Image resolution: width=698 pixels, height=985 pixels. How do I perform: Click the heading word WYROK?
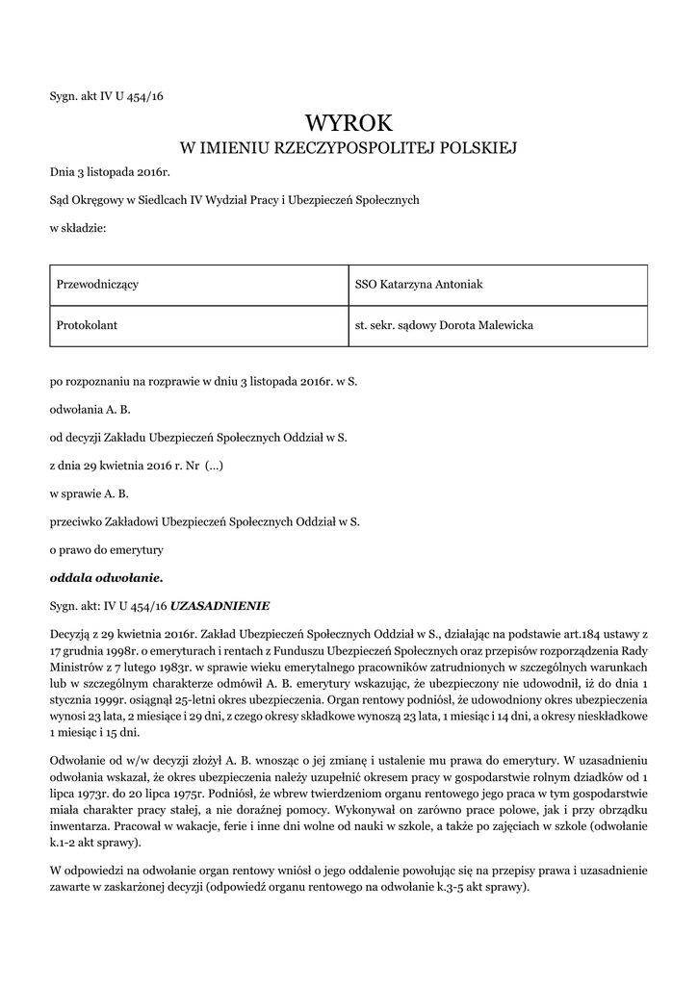[x=349, y=122]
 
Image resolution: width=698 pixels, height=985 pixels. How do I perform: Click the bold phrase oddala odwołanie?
[x=107, y=578]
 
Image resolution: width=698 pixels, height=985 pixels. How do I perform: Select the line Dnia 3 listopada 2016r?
[x=110, y=172]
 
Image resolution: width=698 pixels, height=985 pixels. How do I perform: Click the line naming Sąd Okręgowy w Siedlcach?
[x=235, y=200]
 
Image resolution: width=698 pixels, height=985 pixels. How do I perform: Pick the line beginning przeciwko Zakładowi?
[x=204, y=522]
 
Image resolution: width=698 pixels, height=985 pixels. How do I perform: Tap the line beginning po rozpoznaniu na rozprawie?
[x=203, y=381]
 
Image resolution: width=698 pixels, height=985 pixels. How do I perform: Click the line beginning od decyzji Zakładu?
[x=198, y=438]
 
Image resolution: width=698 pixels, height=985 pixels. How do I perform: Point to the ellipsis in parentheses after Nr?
[x=218, y=466]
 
